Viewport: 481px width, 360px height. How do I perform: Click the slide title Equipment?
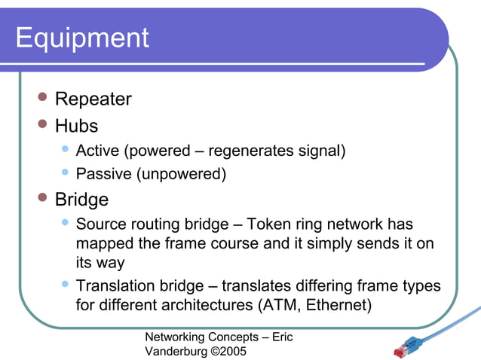82,38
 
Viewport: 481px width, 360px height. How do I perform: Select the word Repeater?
93,99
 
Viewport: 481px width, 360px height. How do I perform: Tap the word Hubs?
76,125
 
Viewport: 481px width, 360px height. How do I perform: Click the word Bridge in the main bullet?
81,200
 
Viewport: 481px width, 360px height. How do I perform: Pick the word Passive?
104,175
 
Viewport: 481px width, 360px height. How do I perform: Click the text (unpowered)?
181,175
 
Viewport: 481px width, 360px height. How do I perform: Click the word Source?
102,224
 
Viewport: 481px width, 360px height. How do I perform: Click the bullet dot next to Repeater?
43,98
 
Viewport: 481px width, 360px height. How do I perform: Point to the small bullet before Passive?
66,173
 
